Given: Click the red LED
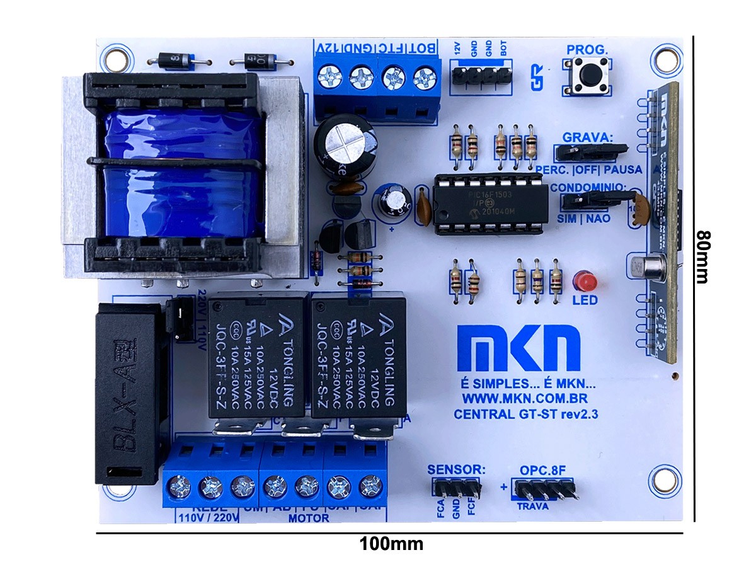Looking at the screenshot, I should coord(586,280).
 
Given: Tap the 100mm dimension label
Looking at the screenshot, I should coord(391,543).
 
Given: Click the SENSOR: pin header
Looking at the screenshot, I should coord(456,488).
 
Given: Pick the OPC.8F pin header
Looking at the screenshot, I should coord(545,489).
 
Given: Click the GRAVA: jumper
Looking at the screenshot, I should coord(590,152).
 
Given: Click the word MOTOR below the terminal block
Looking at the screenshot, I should coord(309,518).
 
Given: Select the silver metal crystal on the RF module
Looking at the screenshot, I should coord(650,267).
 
